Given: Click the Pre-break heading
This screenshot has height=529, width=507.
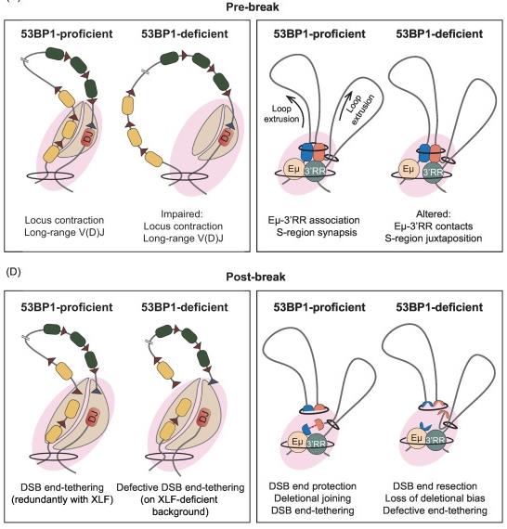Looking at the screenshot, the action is (x=253, y=6).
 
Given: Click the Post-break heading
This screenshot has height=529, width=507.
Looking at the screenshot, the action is (x=255, y=277).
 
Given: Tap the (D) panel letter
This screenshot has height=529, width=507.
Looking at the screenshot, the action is (x=14, y=272).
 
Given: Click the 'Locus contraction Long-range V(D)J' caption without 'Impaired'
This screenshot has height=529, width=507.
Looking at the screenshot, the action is (x=64, y=226).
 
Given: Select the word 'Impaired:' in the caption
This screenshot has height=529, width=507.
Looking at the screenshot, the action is (x=182, y=213).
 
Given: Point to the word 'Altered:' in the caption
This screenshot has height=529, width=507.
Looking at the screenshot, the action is (x=434, y=213).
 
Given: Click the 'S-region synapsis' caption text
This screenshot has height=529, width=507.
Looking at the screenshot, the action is (x=317, y=232).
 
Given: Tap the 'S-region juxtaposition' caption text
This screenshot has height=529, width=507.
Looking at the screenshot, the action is (x=434, y=239).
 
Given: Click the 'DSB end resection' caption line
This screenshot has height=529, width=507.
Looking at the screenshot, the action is (x=435, y=486).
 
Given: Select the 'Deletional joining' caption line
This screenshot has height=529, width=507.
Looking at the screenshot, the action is (x=313, y=498).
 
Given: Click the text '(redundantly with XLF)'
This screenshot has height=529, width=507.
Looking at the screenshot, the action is (x=62, y=499).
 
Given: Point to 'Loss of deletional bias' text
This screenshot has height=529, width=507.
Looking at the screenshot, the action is (x=435, y=498).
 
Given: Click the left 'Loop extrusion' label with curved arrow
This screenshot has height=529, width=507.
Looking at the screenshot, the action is (x=282, y=113).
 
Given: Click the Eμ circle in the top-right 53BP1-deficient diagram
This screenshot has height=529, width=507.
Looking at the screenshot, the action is (x=409, y=169).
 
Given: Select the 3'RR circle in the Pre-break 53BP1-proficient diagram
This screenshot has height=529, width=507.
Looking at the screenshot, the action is (x=316, y=171).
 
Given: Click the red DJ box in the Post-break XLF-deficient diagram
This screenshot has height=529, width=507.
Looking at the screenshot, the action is (x=202, y=417).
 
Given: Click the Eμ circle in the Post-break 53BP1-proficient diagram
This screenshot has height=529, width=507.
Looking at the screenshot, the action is (x=297, y=442).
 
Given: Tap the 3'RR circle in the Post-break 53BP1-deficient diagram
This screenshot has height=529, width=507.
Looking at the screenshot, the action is (x=435, y=440).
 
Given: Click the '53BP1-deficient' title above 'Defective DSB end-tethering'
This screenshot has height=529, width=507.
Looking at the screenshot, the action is (x=185, y=307).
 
